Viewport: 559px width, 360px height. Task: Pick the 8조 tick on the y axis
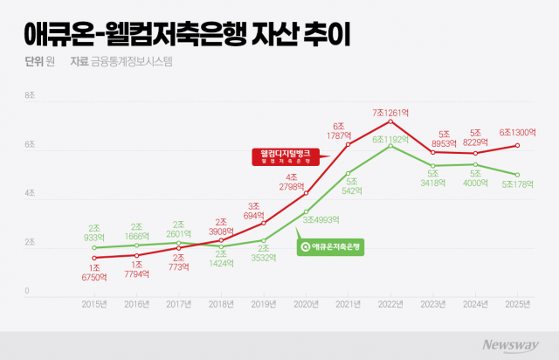[30, 95]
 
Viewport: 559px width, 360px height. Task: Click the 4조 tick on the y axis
[30, 193]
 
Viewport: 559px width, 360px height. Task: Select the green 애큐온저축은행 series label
[327, 246]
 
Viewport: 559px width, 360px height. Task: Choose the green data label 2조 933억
[94, 232]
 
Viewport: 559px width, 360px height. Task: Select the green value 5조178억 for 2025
[517, 184]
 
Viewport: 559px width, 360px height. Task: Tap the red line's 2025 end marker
[517, 145]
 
